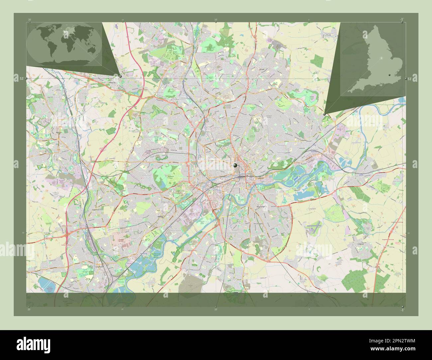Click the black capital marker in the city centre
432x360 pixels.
click(x=236, y=165)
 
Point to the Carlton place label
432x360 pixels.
click(x=303, y=140)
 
